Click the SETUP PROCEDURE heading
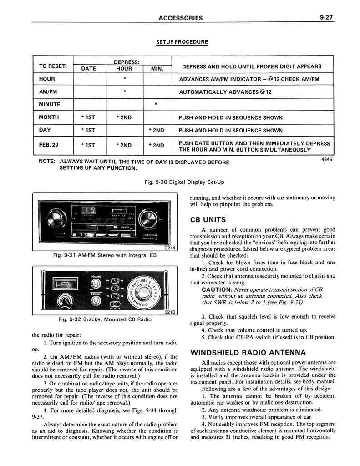pyautogui.click(x=182, y=42)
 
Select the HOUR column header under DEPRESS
pyautogui.click(x=124, y=69)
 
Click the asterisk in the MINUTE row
pyautogui.click(x=156, y=104)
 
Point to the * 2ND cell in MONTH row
pyautogui.click(x=124, y=117)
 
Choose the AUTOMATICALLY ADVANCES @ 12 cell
pyautogui.click(x=225, y=91)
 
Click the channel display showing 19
pyautogui.click(x=89, y=210)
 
